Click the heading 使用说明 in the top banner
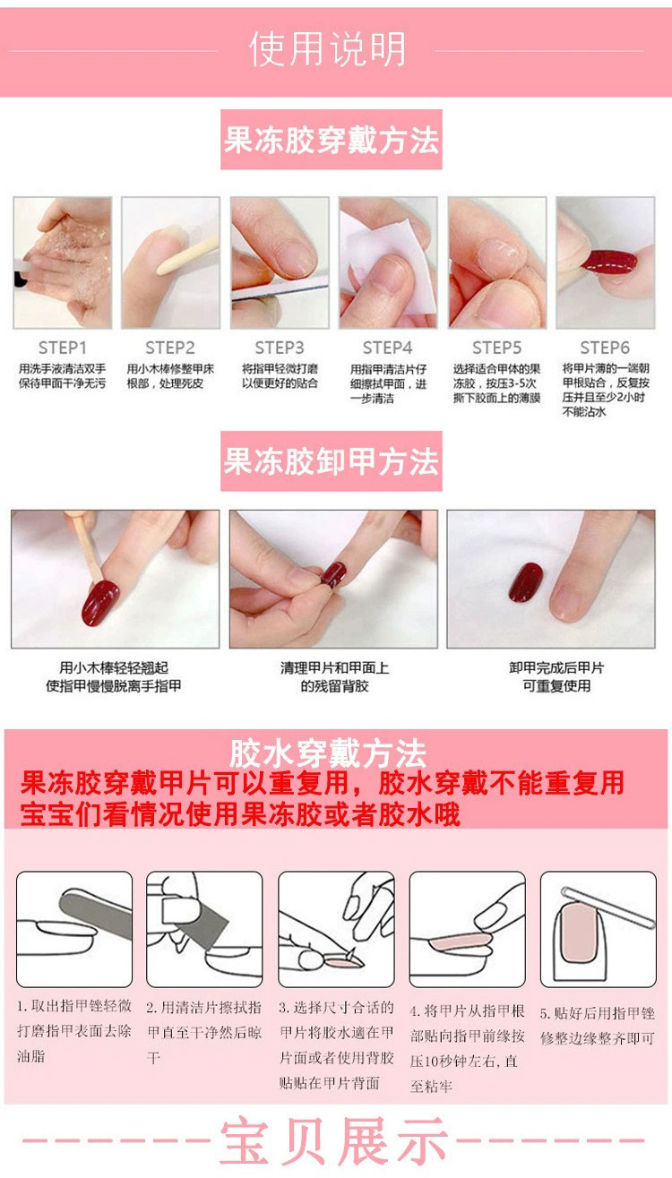tap(328, 49)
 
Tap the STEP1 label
tap(63, 348)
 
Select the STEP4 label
tap(387, 348)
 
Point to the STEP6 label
tap(605, 348)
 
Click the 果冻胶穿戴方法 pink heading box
tap(332, 141)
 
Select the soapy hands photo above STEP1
tap(63, 262)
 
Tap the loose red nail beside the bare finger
tap(525, 582)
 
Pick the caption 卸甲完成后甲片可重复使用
tap(556, 677)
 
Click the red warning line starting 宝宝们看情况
tap(240, 813)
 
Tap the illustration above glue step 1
tap(74, 929)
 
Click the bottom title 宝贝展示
tap(334, 1142)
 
